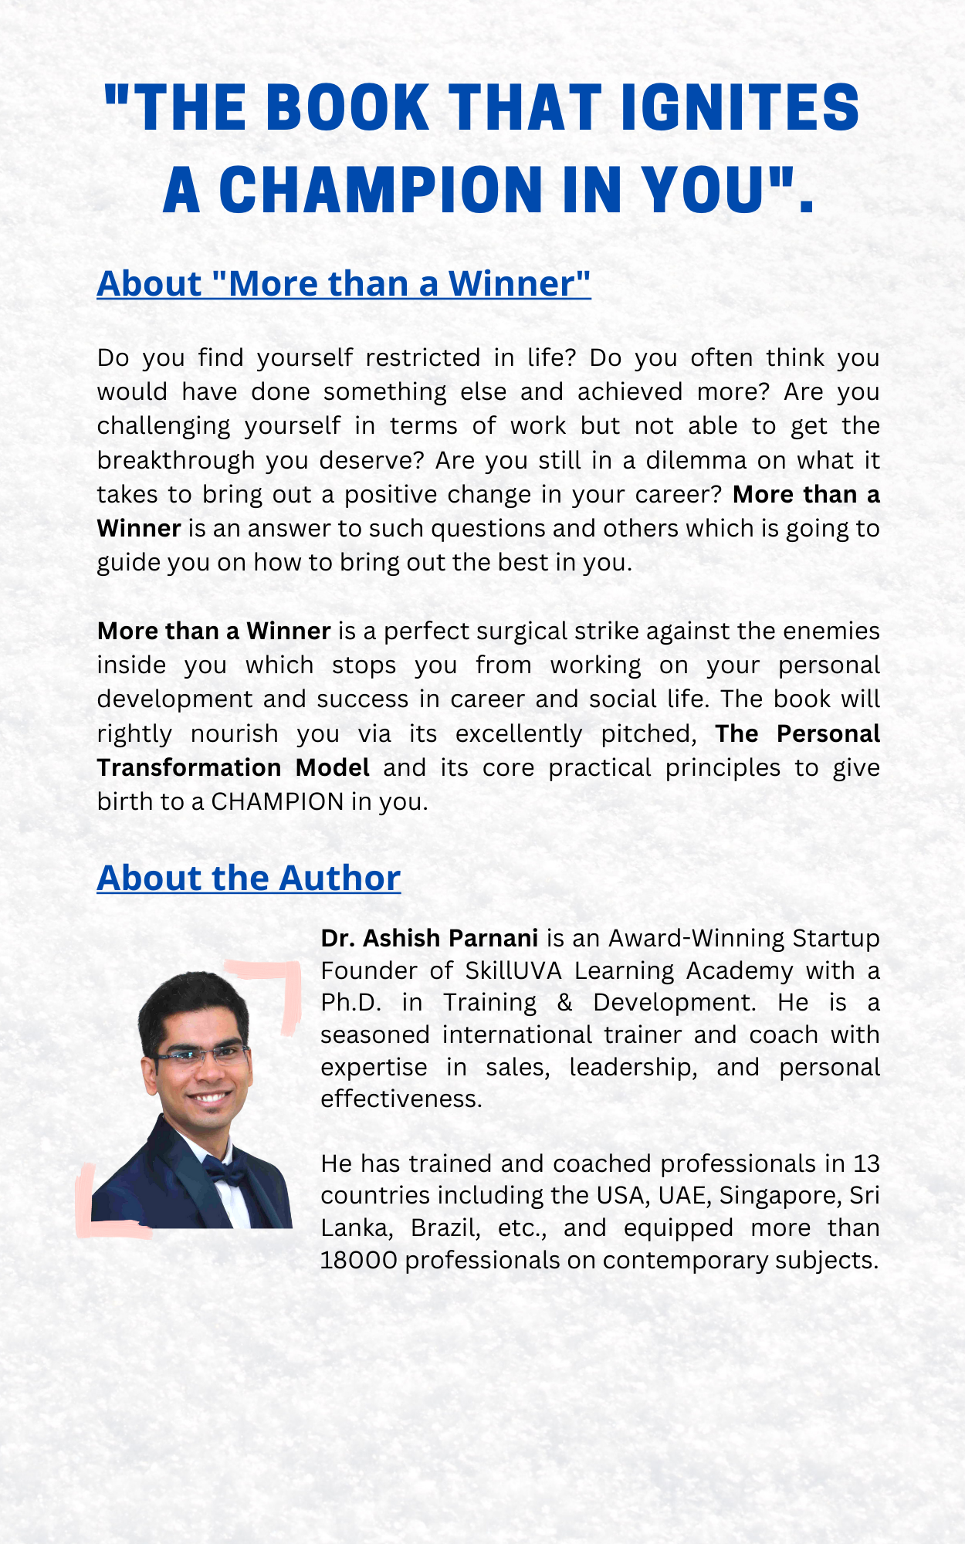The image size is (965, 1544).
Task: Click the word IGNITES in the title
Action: pyautogui.click(x=740, y=107)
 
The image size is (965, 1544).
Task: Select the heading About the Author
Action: pyautogui.click(x=249, y=878)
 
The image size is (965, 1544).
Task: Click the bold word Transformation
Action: pyautogui.click(x=189, y=767)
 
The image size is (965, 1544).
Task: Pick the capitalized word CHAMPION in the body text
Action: pyautogui.click(x=277, y=801)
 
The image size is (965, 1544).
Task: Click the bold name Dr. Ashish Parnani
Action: pyautogui.click(x=429, y=938)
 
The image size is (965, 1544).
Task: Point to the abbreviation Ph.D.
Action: pyautogui.click(x=351, y=1002)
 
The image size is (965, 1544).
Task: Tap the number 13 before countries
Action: pyautogui.click(x=866, y=1163)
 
